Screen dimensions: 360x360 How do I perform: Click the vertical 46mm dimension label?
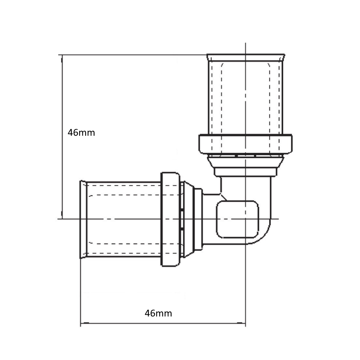tap(81, 133)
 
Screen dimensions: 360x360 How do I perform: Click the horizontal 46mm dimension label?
tap(158, 313)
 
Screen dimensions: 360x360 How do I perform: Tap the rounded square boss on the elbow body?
tap(237, 219)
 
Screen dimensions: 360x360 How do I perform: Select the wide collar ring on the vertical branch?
tap(246, 144)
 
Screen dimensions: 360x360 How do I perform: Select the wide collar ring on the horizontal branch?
tap(170, 219)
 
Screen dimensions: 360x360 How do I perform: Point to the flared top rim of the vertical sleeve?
tap(246, 57)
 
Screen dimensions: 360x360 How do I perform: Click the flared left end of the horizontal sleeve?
tap(83, 220)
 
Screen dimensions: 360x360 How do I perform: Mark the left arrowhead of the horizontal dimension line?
tap(85, 323)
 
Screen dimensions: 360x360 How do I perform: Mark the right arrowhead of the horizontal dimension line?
tap(241, 323)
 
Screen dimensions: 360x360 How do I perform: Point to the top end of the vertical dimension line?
tap(62, 55)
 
